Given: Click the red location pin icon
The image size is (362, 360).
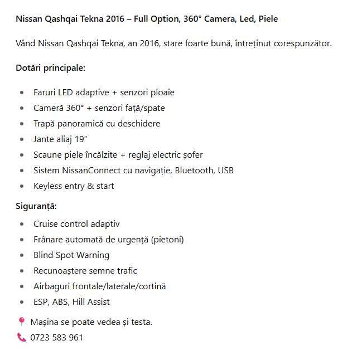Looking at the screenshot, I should (x=22, y=322).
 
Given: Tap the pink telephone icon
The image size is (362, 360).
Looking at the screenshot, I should (x=22, y=337).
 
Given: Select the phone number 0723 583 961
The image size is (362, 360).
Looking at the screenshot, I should (x=56, y=338).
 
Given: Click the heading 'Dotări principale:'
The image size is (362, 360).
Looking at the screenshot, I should (x=50, y=68).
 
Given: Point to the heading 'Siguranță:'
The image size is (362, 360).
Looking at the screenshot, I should (x=36, y=206).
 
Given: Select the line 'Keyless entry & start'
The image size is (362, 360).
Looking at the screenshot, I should (x=74, y=186).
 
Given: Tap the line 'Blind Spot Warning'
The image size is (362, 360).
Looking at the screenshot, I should (x=71, y=255).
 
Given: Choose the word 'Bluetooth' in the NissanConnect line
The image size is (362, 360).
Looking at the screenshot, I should (x=195, y=171).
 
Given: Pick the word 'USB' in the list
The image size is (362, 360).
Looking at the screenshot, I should (x=225, y=171).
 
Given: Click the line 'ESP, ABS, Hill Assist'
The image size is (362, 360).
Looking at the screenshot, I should (x=71, y=302).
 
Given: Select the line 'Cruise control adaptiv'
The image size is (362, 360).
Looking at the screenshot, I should (x=76, y=224).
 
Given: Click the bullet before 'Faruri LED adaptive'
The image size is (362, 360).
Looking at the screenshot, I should (x=22, y=93).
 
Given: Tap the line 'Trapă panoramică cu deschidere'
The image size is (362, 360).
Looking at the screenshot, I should (x=96, y=124).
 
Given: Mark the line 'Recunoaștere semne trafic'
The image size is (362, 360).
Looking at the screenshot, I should (x=85, y=271).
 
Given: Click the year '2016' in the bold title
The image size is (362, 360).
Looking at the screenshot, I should (x=118, y=19).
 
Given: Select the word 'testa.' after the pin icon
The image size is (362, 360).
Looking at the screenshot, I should (x=139, y=322).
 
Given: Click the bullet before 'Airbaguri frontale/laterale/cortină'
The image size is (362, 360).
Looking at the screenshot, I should (x=22, y=286).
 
